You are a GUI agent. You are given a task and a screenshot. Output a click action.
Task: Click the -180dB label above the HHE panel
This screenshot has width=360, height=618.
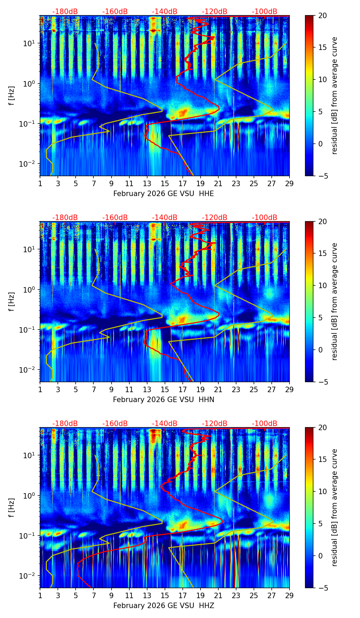point(65,12)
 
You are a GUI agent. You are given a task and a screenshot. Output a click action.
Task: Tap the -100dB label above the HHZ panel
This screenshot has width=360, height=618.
point(265,424)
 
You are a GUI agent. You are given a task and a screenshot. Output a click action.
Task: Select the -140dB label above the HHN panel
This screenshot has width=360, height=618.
point(165,218)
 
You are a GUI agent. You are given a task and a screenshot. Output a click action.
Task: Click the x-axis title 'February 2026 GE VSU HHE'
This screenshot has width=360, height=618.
point(164,194)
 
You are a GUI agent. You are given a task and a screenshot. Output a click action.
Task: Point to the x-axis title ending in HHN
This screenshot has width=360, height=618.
point(164,400)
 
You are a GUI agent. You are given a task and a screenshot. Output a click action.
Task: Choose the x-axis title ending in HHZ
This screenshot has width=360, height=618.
point(164,606)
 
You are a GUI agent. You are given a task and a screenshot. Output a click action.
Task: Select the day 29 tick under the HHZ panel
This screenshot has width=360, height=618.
point(290,596)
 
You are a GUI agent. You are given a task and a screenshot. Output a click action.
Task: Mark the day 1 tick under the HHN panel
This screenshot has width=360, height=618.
point(40,389)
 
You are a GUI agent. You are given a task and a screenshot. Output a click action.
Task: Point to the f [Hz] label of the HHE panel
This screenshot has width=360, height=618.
point(12,95)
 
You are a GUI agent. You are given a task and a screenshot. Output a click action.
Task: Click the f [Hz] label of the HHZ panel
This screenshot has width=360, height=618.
point(12,507)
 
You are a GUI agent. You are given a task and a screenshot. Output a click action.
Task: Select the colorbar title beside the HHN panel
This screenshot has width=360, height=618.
point(335,301)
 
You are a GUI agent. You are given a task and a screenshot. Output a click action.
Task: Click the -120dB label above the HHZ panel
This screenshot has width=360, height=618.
point(215,424)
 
